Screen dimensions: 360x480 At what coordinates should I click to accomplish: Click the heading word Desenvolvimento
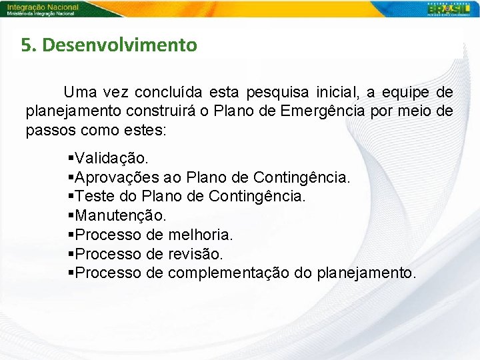tap(120, 45)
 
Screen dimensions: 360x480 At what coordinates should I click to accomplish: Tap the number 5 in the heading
tap(26, 45)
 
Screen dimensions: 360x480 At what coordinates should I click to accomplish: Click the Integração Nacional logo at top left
tap(43, 9)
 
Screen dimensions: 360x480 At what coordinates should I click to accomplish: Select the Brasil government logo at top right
tap(451, 9)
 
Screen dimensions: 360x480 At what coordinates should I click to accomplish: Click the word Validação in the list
tap(113, 158)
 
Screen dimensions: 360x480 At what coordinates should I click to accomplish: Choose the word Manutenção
tap(121, 215)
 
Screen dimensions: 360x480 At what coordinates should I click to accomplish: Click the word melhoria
tap(200, 235)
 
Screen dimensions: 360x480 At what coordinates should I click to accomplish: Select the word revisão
tap(195, 254)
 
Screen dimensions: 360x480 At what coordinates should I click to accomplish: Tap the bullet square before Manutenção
tap(71, 215)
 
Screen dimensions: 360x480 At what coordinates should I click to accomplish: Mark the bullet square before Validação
tap(71, 158)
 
